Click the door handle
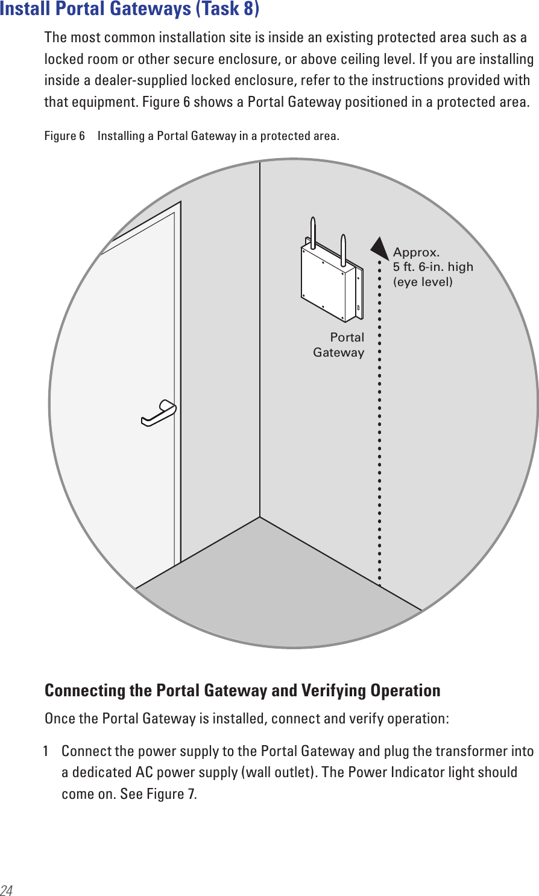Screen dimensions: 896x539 click(159, 413)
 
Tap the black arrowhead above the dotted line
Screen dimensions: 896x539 click(379, 249)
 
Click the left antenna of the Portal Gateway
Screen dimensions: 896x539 click(314, 232)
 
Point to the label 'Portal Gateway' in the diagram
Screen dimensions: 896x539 click(339, 345)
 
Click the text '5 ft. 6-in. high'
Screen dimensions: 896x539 click(433, 267)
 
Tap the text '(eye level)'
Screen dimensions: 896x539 click(423, 282)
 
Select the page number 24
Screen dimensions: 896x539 click(7, 890)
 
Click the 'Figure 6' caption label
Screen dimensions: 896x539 click(65, 136)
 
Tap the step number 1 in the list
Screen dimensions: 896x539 click(46, 751)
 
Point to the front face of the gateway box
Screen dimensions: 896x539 click(323, 284)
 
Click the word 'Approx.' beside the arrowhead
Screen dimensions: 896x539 click(416, 252)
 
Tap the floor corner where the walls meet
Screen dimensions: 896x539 click(260, 517)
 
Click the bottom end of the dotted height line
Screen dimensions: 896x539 click(379, 583)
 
